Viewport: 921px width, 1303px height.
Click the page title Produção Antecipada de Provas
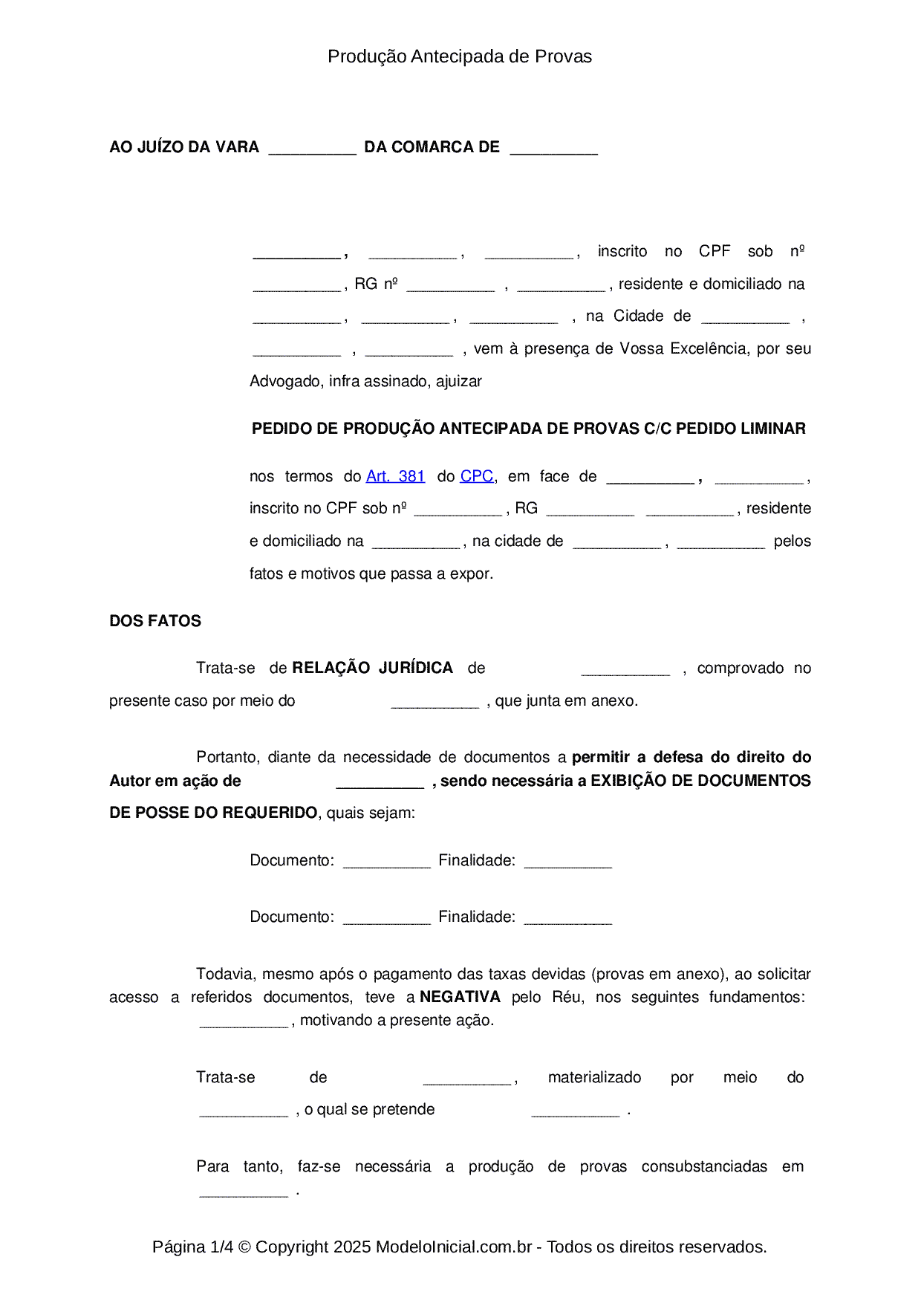click(460, 56)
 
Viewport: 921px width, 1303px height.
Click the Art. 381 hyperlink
click(395, 476)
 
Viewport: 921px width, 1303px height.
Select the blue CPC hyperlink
click(477, 476)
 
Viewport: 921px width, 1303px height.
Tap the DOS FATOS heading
click(155, 621)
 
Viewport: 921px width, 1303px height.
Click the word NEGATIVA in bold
click(460, 997)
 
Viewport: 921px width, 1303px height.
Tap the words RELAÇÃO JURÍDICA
click(372, 668)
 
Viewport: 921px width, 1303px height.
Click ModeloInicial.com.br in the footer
click(454, 1247)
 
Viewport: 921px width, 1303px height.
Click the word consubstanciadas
click(704, 1166)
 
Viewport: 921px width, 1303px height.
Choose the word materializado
click(594, 1077)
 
